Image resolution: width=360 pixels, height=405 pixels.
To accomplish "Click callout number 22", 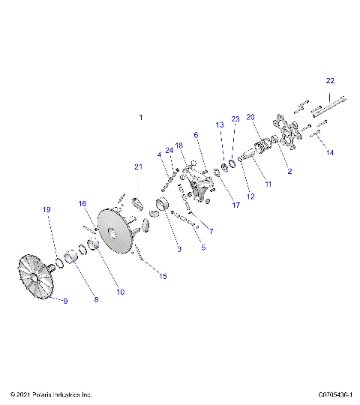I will click(331, 80).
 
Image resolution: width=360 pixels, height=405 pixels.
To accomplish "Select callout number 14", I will click(330, 152).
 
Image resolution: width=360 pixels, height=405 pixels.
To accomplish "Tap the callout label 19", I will click(47, 209).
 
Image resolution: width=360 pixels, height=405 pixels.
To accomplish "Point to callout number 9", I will click(64, 301).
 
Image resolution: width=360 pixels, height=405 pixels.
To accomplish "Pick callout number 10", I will click(119, 292).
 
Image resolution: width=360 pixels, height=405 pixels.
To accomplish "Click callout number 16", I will click(82, 203).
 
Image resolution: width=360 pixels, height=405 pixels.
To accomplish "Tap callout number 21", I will click(137, 166).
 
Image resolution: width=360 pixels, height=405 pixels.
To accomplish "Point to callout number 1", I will click(140, 118).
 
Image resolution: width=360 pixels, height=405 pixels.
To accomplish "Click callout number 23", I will click(235, 119).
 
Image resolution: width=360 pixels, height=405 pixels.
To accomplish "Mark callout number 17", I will click(236, 204).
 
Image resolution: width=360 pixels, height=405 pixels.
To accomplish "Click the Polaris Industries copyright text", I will click(51, 394).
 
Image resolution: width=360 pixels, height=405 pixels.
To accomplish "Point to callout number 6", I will click(196, 135).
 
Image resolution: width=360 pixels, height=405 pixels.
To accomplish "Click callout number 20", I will click(251, 118).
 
